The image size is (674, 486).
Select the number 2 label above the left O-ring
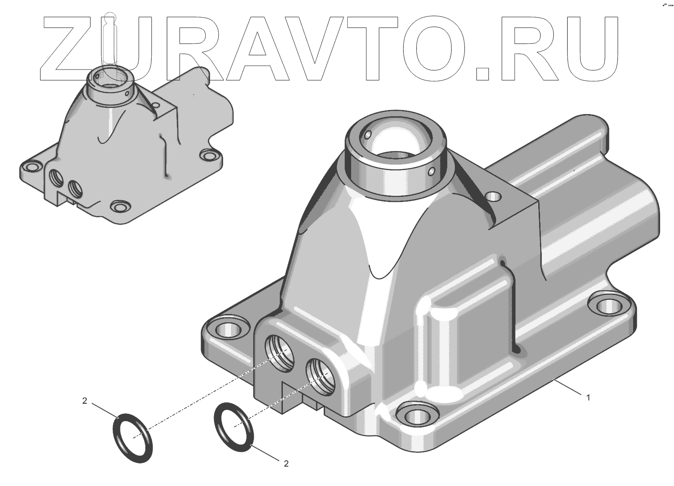tap(85, 401)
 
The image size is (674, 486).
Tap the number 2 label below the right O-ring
tap(286, 463)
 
